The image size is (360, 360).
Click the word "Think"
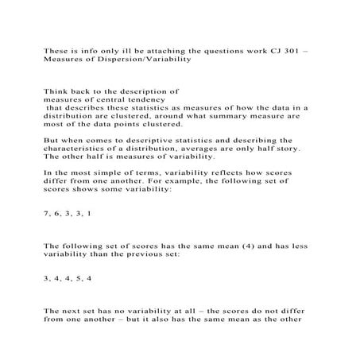click(x=56, y=91)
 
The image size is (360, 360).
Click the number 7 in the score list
click(x=46, y=214)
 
